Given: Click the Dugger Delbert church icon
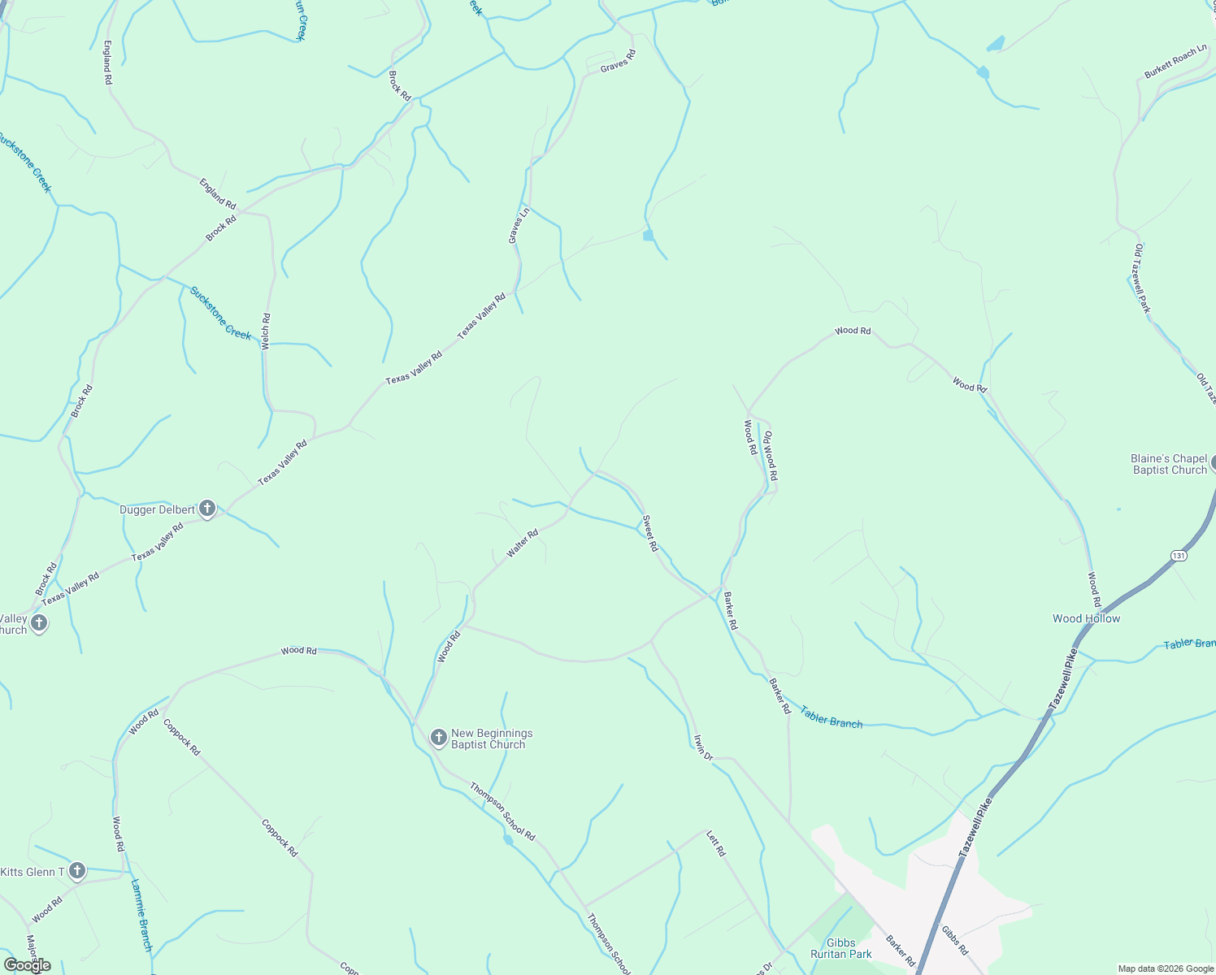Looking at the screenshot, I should pos(207,509).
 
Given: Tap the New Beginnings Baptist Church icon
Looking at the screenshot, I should pos(438,738).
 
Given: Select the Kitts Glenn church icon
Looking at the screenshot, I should pos(77,872).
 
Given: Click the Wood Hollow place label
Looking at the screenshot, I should pos(1086,618).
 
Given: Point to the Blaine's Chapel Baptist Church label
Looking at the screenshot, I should pos(1170,464).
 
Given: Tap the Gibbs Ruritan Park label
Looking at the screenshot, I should pos(840,948).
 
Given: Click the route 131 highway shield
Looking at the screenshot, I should pos(1179,555).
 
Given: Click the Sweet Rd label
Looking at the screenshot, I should pos(649,534).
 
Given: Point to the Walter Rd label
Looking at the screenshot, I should pos(523,544).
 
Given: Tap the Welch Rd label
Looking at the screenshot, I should pos(266,331).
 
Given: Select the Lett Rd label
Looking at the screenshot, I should pos(715,843).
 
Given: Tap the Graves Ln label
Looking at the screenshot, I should pos(519,225).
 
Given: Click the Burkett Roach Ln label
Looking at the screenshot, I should pos(1175,63).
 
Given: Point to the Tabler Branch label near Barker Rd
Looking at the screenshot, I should pos(831,717).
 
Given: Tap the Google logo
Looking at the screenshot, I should pos(27,965).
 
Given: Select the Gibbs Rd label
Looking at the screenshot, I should pos(954,939).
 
